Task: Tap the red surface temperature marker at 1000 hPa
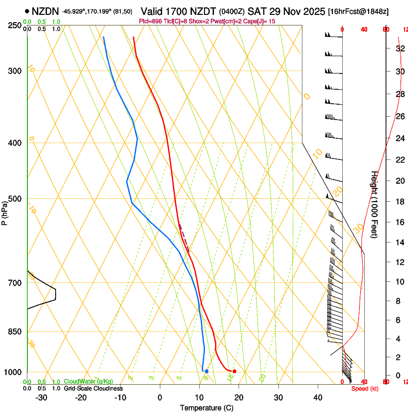[234, 371]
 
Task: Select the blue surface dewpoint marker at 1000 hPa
[206, 371]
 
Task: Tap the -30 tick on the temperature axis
[41, 398]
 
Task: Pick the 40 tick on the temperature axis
[317, 398]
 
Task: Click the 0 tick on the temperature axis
[160, 398]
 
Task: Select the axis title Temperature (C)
[206, 408]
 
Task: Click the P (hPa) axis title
[4, 211]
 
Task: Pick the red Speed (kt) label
[365, 389]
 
